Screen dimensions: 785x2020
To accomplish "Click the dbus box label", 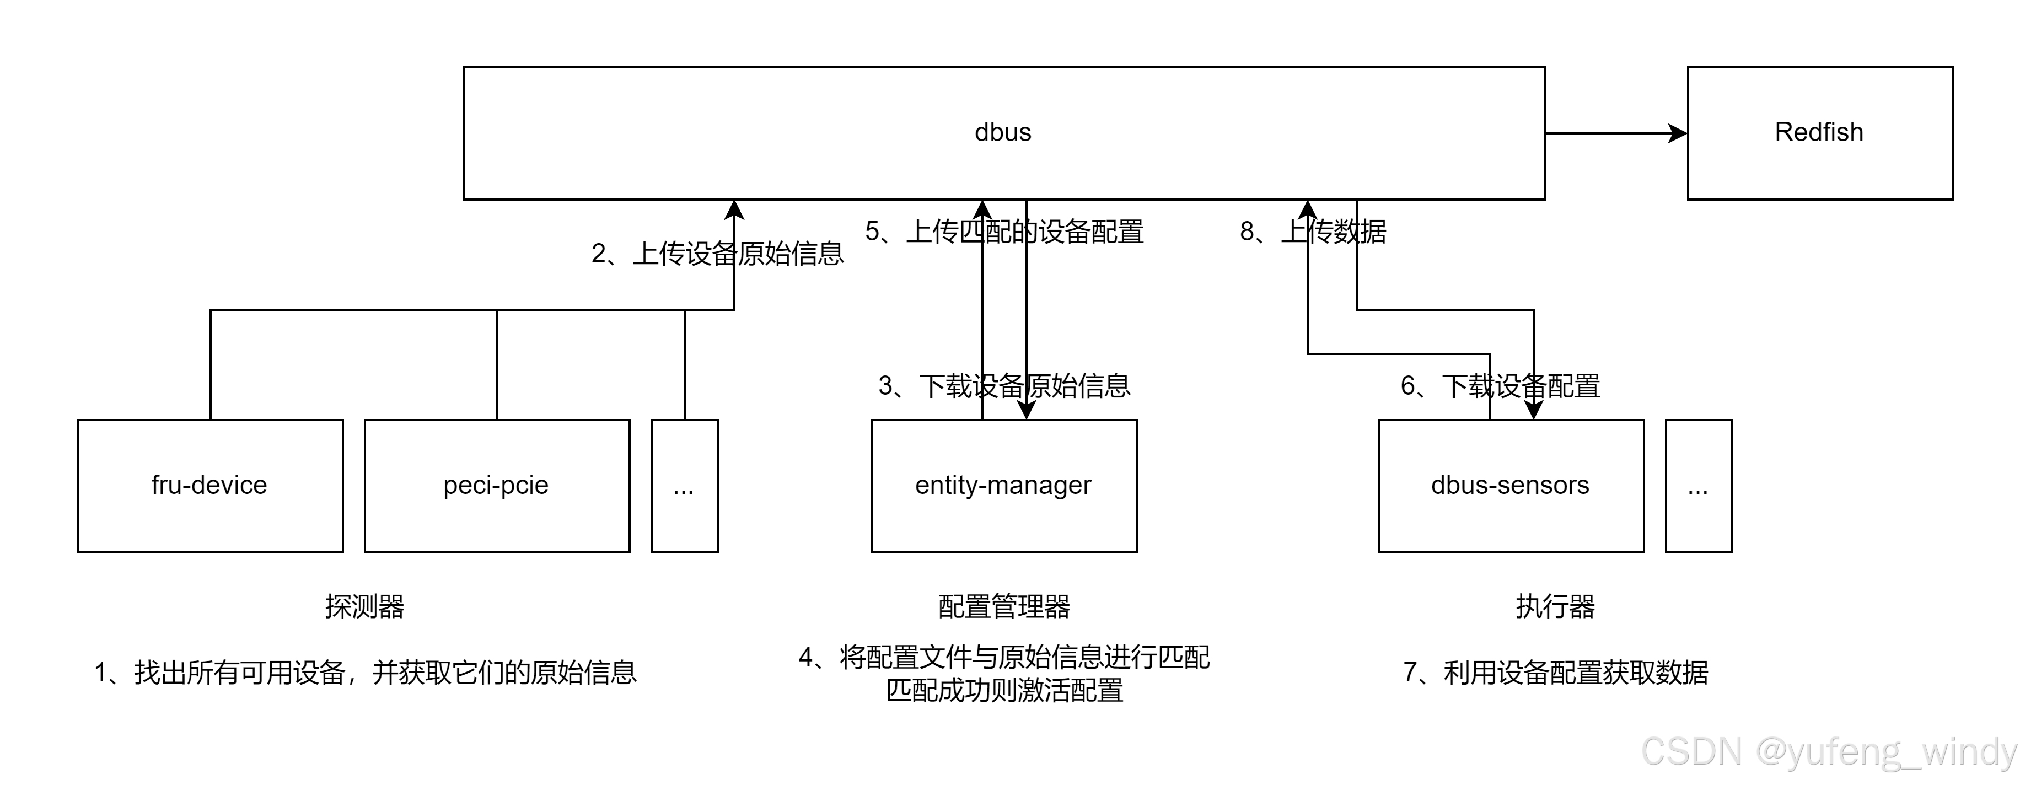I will [1002, 132].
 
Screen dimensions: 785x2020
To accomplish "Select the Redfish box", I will [1819, 132].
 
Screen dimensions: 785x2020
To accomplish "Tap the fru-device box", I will [210, 486].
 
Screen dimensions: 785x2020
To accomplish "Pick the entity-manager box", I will [1004, 486].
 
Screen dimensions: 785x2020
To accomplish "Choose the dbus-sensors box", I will [1510, 486].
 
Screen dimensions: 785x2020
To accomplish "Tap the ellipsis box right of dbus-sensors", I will [1699, 486].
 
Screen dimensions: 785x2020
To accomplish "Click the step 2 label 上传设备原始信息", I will [717, 253].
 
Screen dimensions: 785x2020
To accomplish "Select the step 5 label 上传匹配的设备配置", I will [1004, 232].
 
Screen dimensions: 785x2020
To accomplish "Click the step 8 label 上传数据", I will [1313, 232].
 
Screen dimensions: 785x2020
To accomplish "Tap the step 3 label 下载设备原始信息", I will [1004, 386].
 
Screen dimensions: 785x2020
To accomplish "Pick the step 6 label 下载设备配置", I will [1500, 386].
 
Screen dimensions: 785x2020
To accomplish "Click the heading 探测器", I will [364, 606].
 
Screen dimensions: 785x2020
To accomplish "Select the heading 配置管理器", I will [1004, 606].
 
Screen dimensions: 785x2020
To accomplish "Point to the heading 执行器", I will [1555, 606].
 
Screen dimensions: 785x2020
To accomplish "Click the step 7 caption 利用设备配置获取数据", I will [1555, 672].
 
